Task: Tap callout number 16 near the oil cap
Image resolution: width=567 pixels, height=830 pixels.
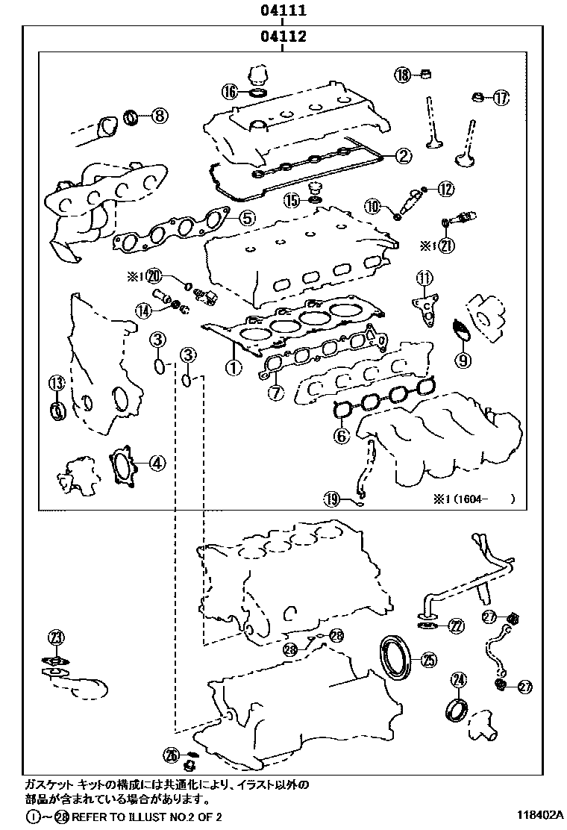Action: pyautogui.click(x=229, y=92)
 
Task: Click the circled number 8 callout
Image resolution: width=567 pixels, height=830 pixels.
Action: pyautogui.click(x=160, y=116)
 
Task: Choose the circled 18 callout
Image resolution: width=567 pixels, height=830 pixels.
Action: pyautogui.click(x=403, y=75)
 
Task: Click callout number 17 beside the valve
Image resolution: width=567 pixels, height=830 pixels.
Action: pyautogui.click(x=500, y=97)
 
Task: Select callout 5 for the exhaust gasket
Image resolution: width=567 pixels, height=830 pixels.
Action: pyautogui.click(x=247, y=217)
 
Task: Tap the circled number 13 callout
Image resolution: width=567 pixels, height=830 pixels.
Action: pyautogui.click(x=57, y=384)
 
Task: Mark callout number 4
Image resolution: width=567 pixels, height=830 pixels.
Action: pyautogui.click(x=156, y=463)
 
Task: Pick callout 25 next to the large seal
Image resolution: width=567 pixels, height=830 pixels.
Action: pyautogui.click(x=427, y=659)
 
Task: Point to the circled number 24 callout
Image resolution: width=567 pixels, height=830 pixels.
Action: pyautogui.click(x=458, y=679)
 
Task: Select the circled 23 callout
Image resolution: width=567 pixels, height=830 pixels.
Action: pyautogui.click(x=57, y=637)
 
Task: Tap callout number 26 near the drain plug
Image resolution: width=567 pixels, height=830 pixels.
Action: pyautogui.click(x=172, y=756)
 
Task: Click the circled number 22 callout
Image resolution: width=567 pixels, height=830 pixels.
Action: pyautogui.click(x=456, y=625)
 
